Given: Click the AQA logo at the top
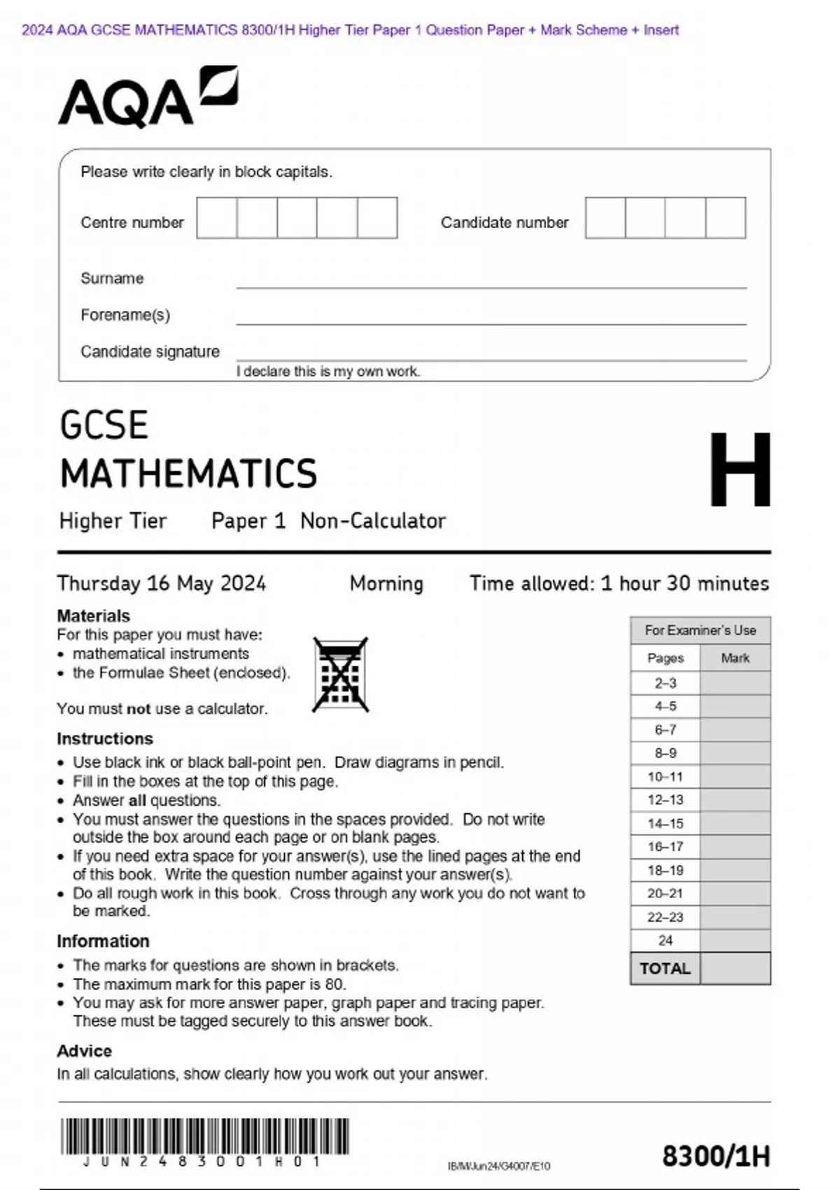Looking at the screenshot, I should tap(147, 98).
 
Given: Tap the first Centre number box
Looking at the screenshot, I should tap(216, 218).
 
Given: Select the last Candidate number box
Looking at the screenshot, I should tap(725, 218).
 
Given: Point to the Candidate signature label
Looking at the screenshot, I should tap(150, 351).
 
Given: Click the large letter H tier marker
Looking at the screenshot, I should tap(739, 469).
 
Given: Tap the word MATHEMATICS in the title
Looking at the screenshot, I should tap(188, 473).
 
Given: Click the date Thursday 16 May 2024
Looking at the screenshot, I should tap(161, 583).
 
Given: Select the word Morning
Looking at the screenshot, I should tap(386, 583).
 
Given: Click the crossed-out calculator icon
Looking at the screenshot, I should tap(340, 675).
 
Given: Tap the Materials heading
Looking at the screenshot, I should tap(93, 616).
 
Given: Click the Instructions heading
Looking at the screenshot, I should tap(104, 738).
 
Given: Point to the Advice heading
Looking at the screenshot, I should tap(84, 1051).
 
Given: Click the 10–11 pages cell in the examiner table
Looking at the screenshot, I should tap(665, 776).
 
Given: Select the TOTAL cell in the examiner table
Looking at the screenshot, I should tap(665, 969).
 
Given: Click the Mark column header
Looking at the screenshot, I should tap(735, 658).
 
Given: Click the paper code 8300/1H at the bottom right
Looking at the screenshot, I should tap(715, 1156).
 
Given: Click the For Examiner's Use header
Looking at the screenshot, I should tap(700, 630).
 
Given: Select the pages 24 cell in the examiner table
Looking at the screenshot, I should tap(665, 940).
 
